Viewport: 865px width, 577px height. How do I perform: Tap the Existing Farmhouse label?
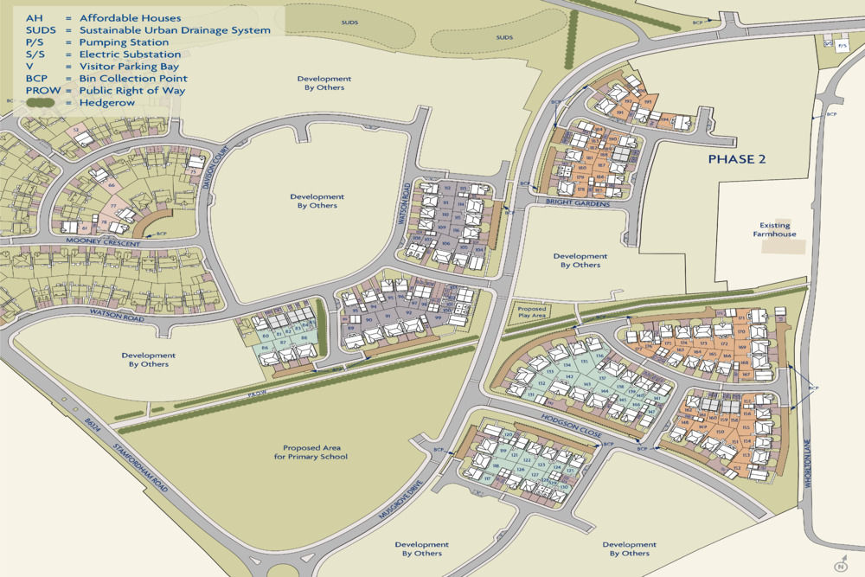774,229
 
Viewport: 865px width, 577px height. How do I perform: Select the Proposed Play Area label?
531,311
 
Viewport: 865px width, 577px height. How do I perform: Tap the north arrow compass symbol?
838,565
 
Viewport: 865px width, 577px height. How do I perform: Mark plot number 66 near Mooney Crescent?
111,184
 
